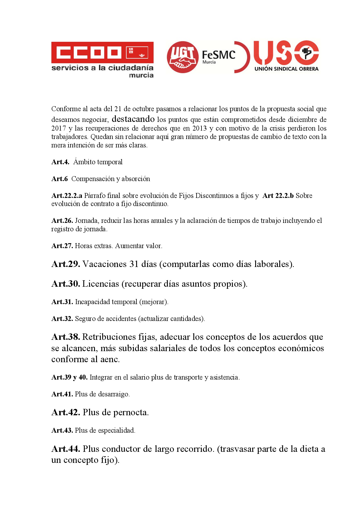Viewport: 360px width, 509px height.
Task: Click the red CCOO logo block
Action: click(x=102, y=53)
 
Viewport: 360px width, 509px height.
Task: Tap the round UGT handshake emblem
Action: click(x=182, y=57)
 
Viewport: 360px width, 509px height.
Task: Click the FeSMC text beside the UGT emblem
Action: click(x=218, y=55)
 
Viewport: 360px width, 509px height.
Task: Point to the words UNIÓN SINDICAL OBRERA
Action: click(x=286, y=69)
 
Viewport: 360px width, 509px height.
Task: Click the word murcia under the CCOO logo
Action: click(x=141, y=75)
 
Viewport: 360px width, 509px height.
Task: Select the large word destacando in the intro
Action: click(x=133, y=119)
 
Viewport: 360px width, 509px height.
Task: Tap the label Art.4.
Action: click(x=60, y=162)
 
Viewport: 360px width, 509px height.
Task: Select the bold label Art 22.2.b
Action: click(x=278, y=196)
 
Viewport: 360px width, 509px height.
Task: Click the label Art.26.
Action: click(x=62, y=221)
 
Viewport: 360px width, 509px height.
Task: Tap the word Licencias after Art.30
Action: click(x=100, y=284)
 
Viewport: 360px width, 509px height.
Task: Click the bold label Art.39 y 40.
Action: click(x=69, y=377)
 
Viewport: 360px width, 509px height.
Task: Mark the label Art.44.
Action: click(x=66, y=449)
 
